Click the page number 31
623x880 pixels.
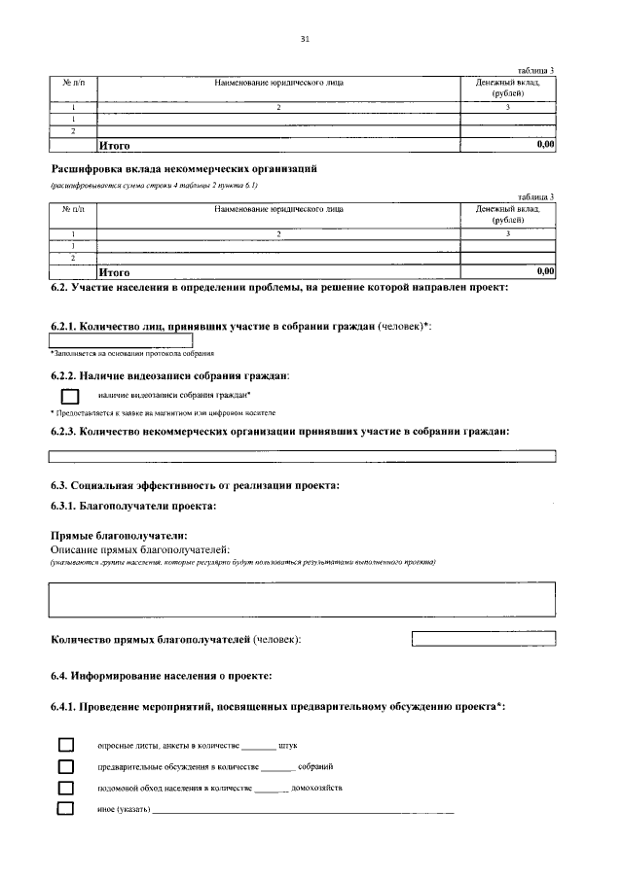(x=305, y=38)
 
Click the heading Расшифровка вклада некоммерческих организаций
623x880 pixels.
(x=184, y=168)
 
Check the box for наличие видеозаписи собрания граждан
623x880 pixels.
(x=69, y=396)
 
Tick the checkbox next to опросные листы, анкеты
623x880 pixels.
(x=66, y=745)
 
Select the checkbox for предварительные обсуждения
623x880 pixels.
(x=66, y=766)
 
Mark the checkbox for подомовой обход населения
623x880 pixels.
(x=66, y=788)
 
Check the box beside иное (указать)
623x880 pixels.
(x=66, y=809)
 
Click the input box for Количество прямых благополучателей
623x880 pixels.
(x=484, y=639)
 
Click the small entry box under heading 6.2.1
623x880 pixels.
(x=121, y=339)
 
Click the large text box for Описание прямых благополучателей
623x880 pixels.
(x=302, y=598)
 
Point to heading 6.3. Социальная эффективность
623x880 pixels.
(x=195, y=484)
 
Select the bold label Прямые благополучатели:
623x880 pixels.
(x=118, y=536)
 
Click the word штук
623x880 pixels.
(x=287, y=746)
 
